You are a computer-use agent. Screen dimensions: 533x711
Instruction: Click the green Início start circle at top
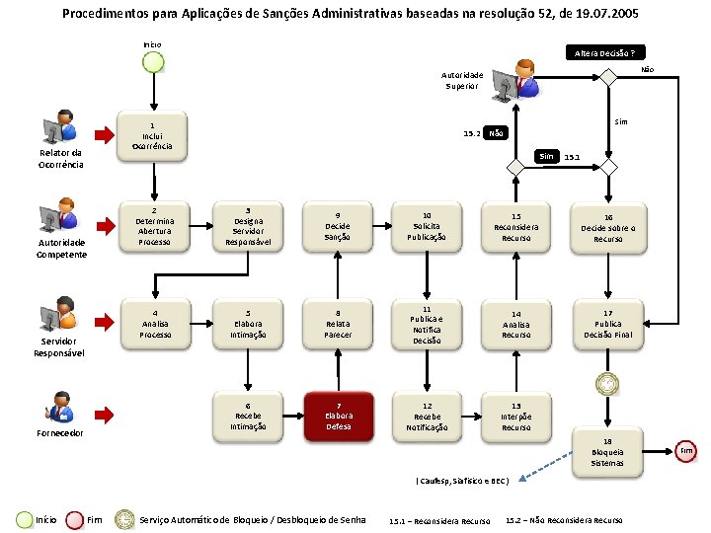click(153, 62)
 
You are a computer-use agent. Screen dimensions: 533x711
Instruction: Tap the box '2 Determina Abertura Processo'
click(154, 226)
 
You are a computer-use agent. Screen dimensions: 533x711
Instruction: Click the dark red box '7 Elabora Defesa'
click(338, 415)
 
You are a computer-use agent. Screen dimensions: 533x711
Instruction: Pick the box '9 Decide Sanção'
click(338, 226)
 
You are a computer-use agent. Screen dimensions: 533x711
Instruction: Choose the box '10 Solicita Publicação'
click(427, 226)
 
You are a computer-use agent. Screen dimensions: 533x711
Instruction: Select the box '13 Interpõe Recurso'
click(515, 415)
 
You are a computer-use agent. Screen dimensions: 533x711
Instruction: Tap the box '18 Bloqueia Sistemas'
click(607, 451)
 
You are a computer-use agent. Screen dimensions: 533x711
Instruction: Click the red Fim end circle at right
click(687, 451)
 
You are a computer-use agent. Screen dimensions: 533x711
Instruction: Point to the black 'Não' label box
click(497, 133)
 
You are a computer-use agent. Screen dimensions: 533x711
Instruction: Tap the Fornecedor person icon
click(60, 407)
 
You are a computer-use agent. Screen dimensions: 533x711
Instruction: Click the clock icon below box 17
click(605, 383)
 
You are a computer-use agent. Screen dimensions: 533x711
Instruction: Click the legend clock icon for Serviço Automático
click(123, 519)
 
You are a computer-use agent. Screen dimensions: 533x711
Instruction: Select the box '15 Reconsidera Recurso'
click(515, 226)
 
